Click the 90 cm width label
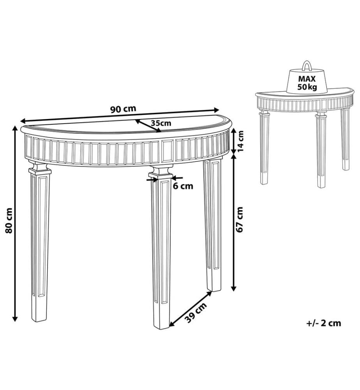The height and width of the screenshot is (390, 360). (123, 109)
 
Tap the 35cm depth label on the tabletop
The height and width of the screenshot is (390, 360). (161, 123)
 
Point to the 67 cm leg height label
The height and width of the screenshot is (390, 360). (240, 219)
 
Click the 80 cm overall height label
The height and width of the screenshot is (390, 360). (9, 221)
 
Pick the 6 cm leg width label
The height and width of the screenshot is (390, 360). (183, 186)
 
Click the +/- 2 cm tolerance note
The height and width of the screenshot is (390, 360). (324, 323)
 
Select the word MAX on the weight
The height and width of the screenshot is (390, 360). (307, 79)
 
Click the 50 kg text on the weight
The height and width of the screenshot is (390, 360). (307, 87)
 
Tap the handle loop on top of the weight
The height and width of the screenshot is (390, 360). (307, 66)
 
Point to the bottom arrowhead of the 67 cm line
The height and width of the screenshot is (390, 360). (233, 288)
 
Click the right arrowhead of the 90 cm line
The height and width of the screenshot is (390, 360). (216, 110)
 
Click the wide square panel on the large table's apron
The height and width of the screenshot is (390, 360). (168, 151)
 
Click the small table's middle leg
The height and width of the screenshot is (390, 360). (321, 150)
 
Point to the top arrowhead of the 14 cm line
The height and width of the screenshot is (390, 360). (233, 131)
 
